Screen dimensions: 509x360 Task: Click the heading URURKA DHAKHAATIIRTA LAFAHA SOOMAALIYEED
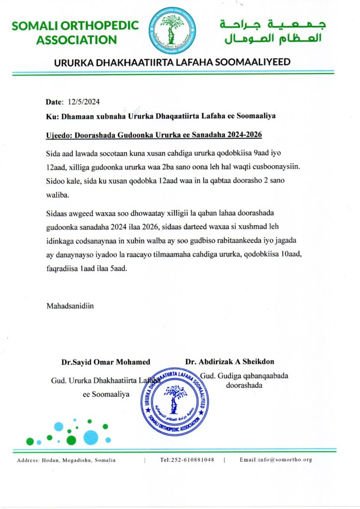point(172,62)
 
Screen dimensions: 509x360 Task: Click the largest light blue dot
point(91,437)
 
